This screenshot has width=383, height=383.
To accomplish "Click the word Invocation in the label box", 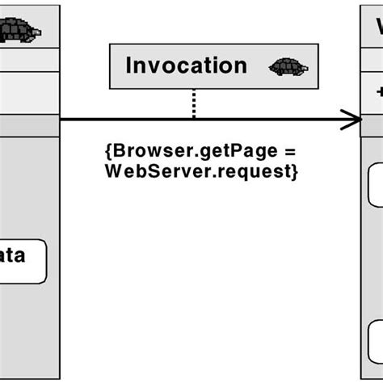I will coord(185,65).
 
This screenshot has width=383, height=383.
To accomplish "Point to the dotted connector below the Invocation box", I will coord(194,103).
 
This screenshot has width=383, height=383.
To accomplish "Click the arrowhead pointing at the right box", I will coord(352,121).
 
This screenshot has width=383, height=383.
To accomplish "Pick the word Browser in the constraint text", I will coord(138,151).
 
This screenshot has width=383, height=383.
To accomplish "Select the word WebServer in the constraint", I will coord(140,171).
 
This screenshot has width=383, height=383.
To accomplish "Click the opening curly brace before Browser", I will coord(108,152).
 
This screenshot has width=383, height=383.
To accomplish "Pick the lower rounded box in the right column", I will coord(375,340).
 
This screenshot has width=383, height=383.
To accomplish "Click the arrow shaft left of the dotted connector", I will coord(121,121).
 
